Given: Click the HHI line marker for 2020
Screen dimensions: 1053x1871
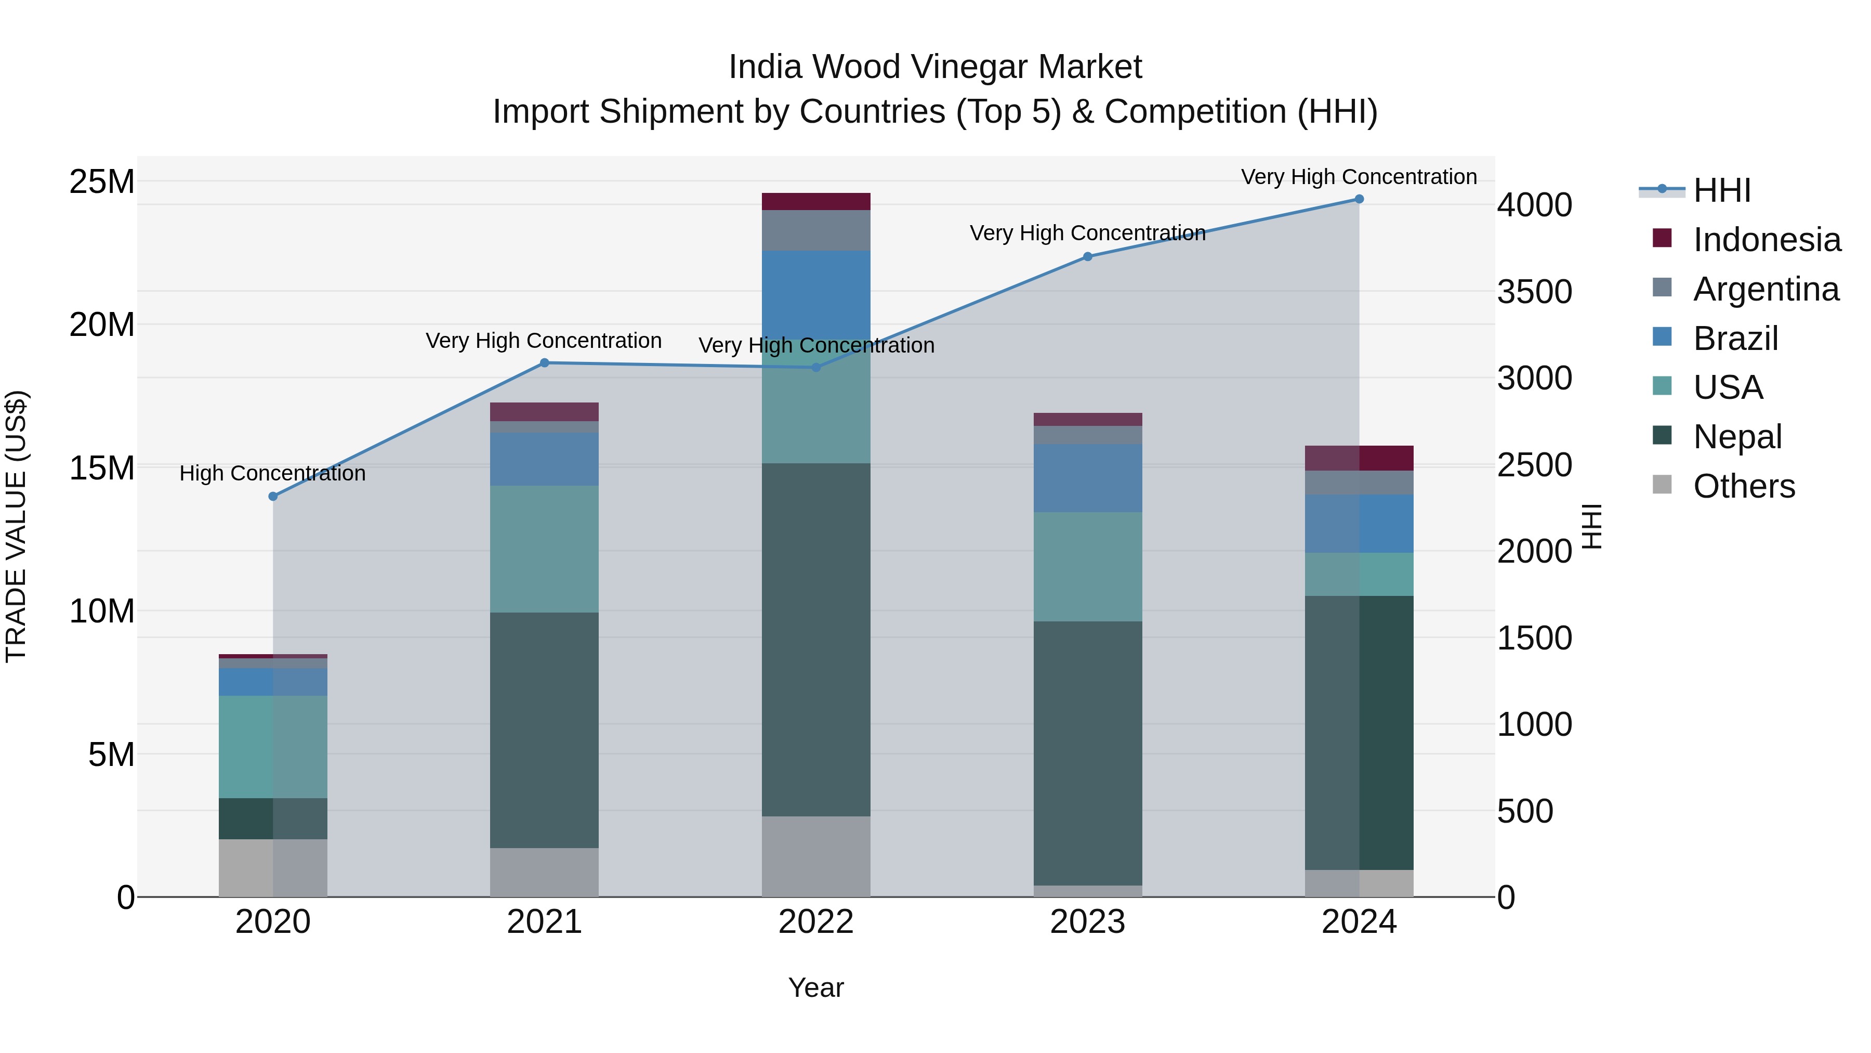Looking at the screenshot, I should point(273,497).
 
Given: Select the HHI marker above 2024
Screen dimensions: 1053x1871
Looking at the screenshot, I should point(1359,199).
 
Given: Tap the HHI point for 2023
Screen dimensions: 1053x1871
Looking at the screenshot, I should point(1087,256).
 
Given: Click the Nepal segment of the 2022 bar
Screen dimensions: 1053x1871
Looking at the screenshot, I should point(815,640).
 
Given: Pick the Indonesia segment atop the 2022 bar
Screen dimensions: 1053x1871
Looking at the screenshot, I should point(815,201).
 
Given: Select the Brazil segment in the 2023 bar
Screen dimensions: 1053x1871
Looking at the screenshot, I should point(1087,478).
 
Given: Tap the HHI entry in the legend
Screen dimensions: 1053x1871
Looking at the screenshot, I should point(1721,190).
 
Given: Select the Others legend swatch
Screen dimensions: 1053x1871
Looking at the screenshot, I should point(1662,485).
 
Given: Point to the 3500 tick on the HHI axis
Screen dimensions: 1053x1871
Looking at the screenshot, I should point(1534,291).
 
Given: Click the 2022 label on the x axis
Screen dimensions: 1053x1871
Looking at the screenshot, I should point(815,922).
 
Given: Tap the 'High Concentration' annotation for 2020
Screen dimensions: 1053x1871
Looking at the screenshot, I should point(272,473).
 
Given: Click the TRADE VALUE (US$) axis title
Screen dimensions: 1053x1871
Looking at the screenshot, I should point(16,526).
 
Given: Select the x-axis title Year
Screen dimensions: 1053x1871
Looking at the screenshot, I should point(815,987).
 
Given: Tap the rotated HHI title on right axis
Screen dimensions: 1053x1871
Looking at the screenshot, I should point(1592,526).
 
